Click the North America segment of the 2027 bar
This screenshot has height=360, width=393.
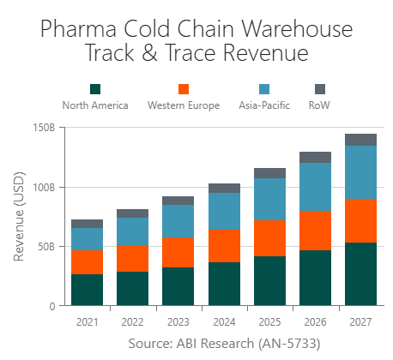360,274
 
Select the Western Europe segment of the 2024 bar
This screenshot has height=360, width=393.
224,246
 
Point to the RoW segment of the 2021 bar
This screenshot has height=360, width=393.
88,223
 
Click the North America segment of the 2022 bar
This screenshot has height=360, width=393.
133,288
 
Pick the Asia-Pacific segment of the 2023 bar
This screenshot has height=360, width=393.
178,221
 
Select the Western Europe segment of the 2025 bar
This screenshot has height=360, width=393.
269,238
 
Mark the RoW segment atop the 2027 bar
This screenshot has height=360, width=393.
360,140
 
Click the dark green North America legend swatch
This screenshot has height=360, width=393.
95,89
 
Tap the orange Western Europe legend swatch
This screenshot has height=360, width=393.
183,89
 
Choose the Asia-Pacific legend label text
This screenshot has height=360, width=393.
264,105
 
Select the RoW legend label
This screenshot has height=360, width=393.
319,105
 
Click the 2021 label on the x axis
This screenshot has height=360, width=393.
88,321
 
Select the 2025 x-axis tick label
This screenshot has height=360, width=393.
269,321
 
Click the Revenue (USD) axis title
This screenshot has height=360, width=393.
20,216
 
